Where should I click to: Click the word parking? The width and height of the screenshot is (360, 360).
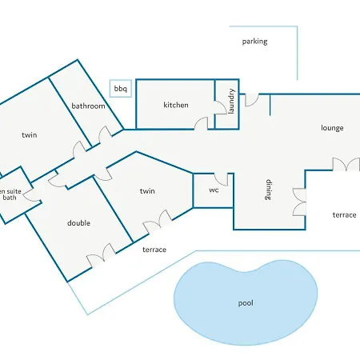(x=254, y=42)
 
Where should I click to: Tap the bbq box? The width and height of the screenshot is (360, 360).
(x=121, y=88)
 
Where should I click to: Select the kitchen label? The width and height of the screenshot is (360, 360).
(x=176, y=105)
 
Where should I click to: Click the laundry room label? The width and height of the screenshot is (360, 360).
(x=231, y=102)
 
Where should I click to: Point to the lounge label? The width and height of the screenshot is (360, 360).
(x=332, y=128)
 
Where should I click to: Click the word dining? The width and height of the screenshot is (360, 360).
(x=269, y=190)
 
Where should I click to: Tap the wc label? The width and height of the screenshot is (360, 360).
(x=214, y=190)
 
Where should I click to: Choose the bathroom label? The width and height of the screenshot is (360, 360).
(x=88, y=106)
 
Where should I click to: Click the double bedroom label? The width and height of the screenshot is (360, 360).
(x=78, y=223)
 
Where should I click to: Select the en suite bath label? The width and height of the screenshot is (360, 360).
(x=10, y=194)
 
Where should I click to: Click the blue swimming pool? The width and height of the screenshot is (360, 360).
(x=246, y=302)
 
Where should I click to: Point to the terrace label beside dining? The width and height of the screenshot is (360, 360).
(x=344, y=215)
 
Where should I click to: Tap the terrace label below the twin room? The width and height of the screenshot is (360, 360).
(x=154, y=250)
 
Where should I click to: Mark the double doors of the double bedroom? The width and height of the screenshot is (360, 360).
(x=102, y=254)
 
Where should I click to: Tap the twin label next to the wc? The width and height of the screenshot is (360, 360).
(x=147, y=191)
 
